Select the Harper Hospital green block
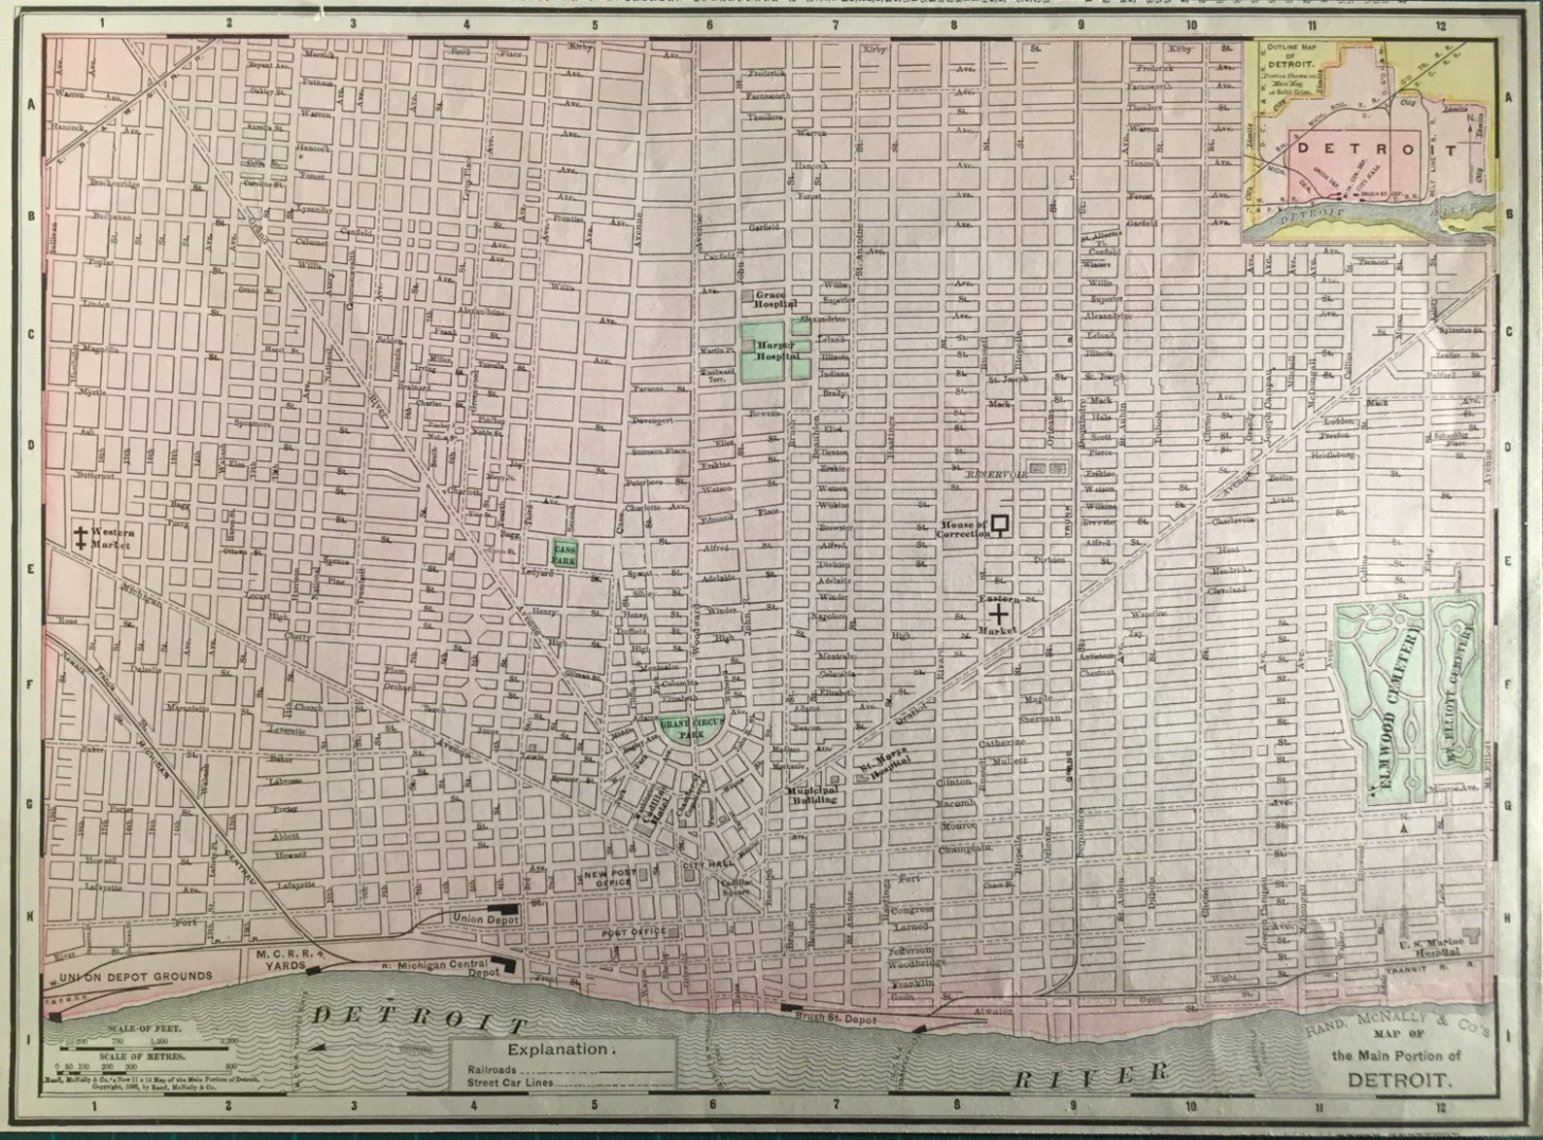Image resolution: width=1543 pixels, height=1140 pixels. point(773,351)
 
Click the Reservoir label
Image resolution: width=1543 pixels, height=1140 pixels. point(997,475)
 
